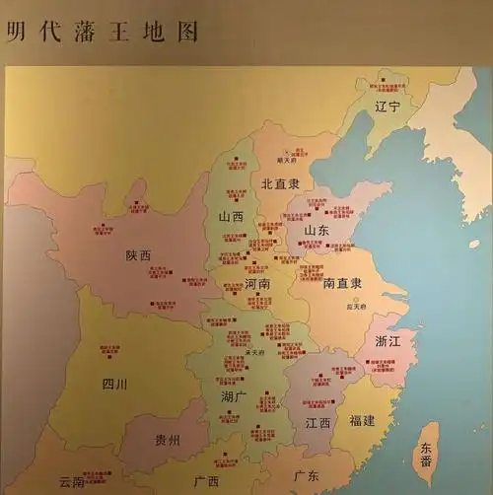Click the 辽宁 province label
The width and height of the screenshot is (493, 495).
click(x=387, y=106)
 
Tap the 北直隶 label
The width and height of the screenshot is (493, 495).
click(x=280, y=183)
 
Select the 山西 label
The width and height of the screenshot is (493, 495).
click(x=232, y=217)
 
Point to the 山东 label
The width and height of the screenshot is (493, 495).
click(x=316, y=230)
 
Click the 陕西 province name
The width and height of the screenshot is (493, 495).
click(x=139, y=255)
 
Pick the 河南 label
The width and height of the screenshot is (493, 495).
click(x=256, y=283)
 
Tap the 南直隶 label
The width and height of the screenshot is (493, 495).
click(x=342, y=283)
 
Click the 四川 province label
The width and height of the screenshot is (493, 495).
click(x=116, y=385)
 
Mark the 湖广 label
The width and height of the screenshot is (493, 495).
click(x=235, y=396)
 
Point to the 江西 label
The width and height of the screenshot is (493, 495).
click(x=317, y=423)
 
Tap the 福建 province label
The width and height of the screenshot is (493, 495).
click(x=362, y=421)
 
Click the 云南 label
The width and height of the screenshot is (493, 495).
click(x=71, y=482)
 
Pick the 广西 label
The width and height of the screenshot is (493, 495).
click(x=206, y=481)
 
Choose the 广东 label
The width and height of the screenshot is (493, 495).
click(x=306, y=476)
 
